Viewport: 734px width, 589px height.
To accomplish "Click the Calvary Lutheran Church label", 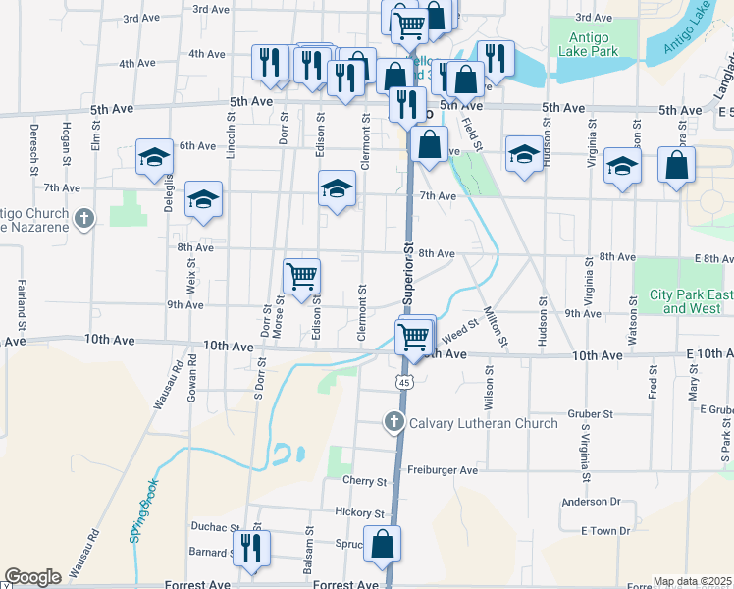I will pos(483,423).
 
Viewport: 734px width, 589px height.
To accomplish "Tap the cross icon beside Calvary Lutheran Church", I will pos(393,422).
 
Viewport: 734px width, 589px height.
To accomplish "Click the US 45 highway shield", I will pos(403,381).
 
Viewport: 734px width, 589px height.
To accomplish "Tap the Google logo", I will pos(32,577).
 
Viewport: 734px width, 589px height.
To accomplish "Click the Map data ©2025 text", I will pos(692,581).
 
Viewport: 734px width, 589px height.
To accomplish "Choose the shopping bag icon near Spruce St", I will pos(383,544).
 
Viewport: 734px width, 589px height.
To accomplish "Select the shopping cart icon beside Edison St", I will pos(301,275).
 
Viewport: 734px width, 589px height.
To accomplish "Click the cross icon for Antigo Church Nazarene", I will pos(84,218).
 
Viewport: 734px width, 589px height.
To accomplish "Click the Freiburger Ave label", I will pos(443,470).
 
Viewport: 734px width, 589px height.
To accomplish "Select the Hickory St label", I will pos(358,513).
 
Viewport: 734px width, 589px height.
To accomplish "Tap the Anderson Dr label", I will pos(592,502).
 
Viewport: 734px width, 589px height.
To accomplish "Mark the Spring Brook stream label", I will pos(143,518).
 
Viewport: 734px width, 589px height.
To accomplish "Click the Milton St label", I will pos(496,327).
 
